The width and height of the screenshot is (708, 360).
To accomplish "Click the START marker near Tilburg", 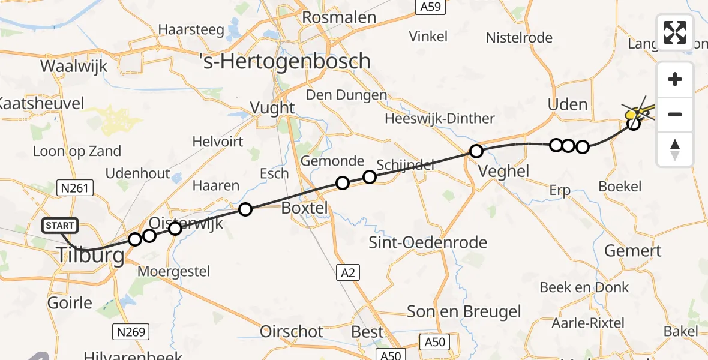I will coord(60,226).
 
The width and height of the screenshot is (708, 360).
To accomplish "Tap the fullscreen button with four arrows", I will coord(675,32).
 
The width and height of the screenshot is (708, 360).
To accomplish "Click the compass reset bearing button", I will coord(675,149).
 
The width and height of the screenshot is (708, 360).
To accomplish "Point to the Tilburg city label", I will coord(92,256).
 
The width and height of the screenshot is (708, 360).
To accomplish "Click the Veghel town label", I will coord(504,171).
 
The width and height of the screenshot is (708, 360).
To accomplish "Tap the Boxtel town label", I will coord(305,208).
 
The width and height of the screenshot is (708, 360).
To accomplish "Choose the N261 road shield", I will coord(75,188).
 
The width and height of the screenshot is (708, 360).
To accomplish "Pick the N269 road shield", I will coord(130,331).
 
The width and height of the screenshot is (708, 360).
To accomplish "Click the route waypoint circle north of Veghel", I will coord(476,151).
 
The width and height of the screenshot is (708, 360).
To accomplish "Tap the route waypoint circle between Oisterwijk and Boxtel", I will coord(245,209).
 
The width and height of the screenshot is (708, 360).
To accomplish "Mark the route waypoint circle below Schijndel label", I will coord(370,177).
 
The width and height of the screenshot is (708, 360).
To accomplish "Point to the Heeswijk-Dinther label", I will coord(440,118).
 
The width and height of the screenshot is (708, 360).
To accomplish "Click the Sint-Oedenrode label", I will coord(428,243).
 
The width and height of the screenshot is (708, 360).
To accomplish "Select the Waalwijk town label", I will coord(74,66).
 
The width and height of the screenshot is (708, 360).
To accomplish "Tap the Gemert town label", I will coord(632,251).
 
